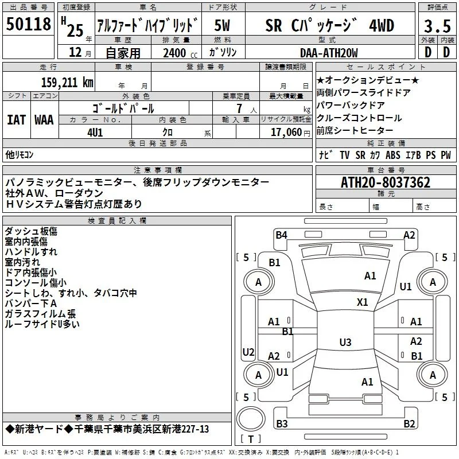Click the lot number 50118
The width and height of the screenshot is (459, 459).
pos(28,24)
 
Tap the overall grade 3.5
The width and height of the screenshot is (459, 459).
pos(437,26)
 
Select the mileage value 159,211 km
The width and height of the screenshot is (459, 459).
pos(67,83)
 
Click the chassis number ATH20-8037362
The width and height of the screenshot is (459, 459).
pos(386,182)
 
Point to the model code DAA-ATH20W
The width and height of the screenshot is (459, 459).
pos(329,53)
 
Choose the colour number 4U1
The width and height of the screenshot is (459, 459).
pos(95,133)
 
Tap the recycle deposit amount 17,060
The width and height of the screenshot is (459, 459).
pos(286,133)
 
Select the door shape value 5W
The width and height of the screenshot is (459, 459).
pos(222,25)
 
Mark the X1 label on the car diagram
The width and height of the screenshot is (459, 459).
pos(362,302)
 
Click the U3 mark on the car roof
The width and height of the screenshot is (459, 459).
pos(345,342)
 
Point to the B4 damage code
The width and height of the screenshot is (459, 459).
pos(281,235)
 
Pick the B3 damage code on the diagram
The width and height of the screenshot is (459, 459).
pos(282,423)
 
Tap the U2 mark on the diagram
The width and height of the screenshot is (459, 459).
pos(248,352)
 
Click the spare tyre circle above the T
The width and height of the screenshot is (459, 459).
pos(251,419)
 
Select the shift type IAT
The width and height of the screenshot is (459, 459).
pos(16,120)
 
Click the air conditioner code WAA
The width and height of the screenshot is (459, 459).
pos(44,120)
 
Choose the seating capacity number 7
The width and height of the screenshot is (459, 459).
pos(239,108)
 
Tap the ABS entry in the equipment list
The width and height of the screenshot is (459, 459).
pos(393,155)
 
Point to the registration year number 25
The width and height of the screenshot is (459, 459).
pos(75,30)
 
